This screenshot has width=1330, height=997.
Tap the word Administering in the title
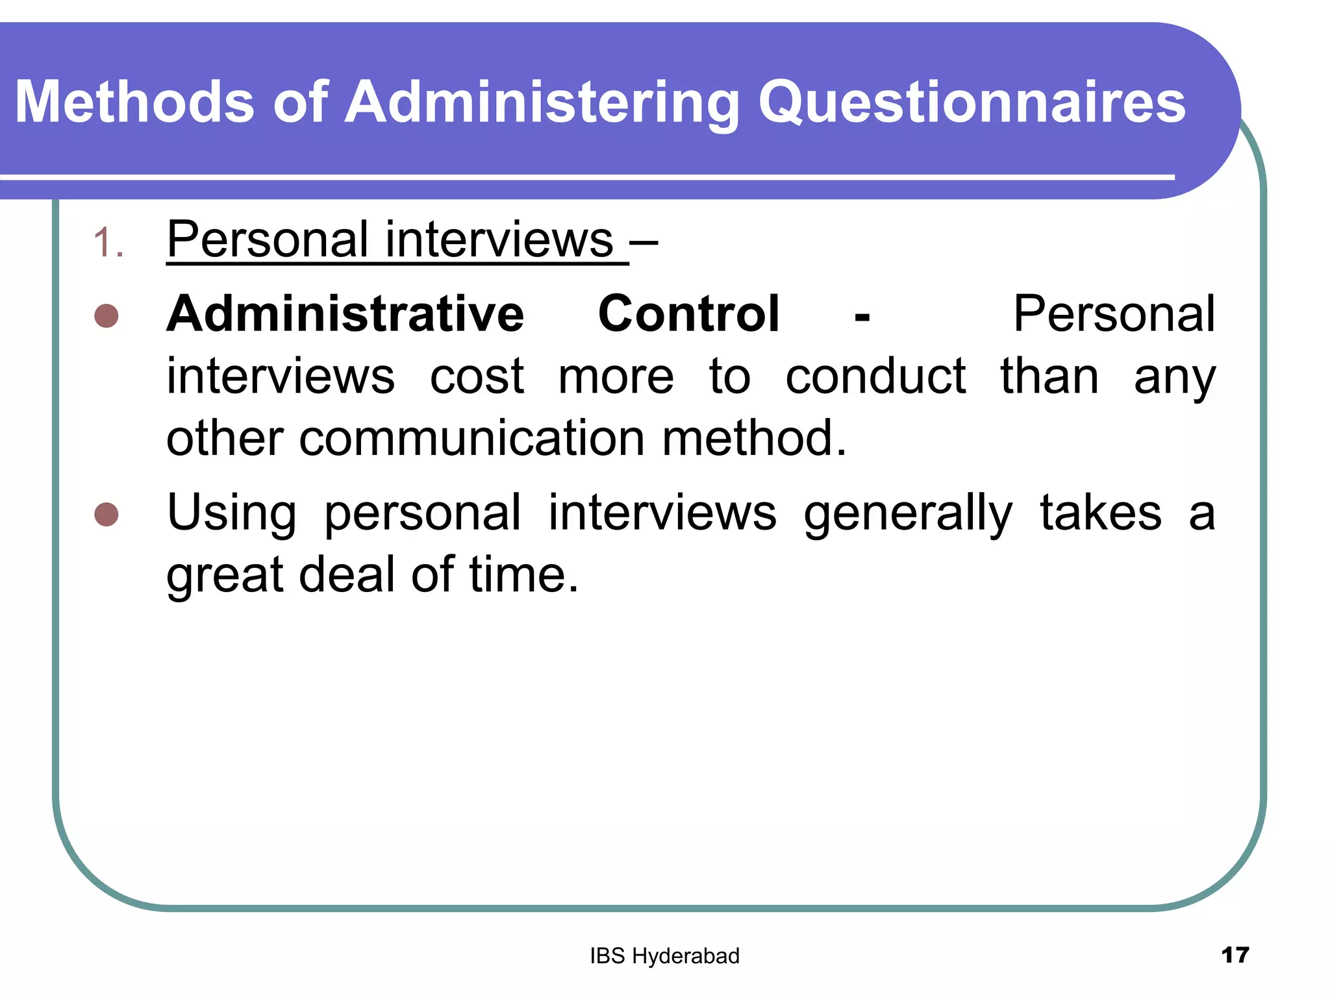tap(542, 103)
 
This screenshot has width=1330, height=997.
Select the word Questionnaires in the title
tap(972, 103)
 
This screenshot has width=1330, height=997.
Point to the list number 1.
tap(108, 243)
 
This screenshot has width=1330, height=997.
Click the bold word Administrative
tap(345, 314)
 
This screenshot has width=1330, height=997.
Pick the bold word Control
tap(688, 314)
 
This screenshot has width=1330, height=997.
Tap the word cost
tap(477, 376)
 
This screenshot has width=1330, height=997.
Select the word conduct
tap(875, 376)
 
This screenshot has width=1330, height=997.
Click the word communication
tap(471, 438)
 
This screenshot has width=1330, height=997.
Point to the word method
tap(754, 438)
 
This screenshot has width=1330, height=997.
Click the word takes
tap(1100, 513)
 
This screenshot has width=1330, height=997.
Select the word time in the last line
tap(523, 575)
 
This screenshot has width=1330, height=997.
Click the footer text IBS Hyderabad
tap(664, 956)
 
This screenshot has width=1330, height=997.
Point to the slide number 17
tap(1235, 955)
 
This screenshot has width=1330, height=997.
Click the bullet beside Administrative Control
tap(107, 316)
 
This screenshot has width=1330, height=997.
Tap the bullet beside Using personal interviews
tap(107, 514)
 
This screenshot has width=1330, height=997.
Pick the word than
tap(1049, 376)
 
